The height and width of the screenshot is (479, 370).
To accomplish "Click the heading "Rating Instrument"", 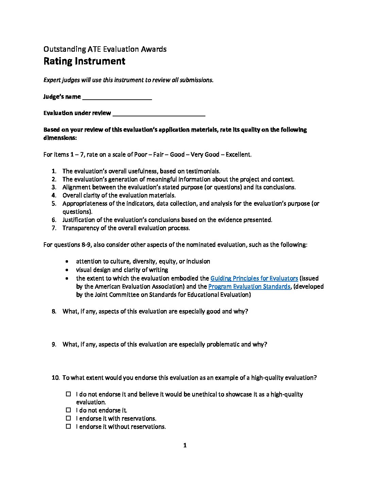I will [x=84, y=61].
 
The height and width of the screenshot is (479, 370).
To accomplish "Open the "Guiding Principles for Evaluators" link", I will [x=254, y=278].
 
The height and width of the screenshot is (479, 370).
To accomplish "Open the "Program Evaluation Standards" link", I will [x=249, y=286].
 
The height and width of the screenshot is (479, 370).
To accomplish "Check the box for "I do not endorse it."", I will [x=68, y=410].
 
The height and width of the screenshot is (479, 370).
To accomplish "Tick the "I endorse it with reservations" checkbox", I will [x=68, y=418].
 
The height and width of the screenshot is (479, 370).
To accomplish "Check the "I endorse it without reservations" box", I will [x=68, y=426].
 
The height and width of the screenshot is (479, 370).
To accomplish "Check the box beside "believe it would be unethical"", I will [x=68, y=394].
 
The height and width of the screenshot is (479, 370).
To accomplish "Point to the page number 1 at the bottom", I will [x=185, y=445].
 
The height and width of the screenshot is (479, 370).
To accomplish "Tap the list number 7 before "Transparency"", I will [x=54, y=228].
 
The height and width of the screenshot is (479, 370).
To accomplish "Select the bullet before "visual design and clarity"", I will [x=68, y=270].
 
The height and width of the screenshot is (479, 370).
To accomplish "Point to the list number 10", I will [x=55, y=378].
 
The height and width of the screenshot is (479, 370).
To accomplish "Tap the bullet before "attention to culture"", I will [x=68, y=262].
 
